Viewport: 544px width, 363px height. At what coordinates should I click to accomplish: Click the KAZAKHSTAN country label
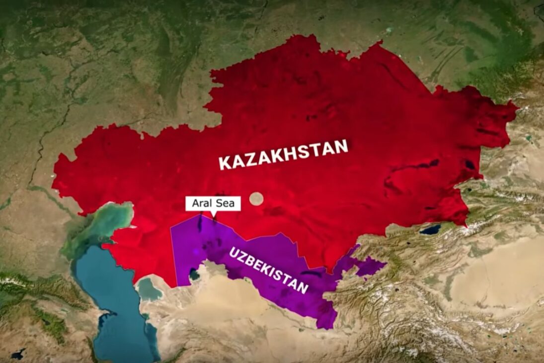coord(284,155)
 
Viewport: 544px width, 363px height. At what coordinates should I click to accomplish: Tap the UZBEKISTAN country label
coord(268,270)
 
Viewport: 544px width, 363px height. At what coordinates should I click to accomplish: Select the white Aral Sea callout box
coord(213,203)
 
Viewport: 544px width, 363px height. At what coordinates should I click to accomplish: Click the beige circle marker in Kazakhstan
coord(256,198)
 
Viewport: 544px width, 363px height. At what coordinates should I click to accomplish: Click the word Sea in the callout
coord(227,203)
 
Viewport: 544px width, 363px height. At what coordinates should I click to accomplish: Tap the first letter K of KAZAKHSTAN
coord(225,164)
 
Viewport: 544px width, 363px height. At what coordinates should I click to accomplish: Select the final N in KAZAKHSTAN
coord(342,147)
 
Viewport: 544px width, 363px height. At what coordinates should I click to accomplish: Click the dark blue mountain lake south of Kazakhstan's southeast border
coord(430,229)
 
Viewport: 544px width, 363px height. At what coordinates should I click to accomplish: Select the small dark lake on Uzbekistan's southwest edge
coord(194,274)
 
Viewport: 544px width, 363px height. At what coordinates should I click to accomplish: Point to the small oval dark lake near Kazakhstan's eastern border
coord(469,165)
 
